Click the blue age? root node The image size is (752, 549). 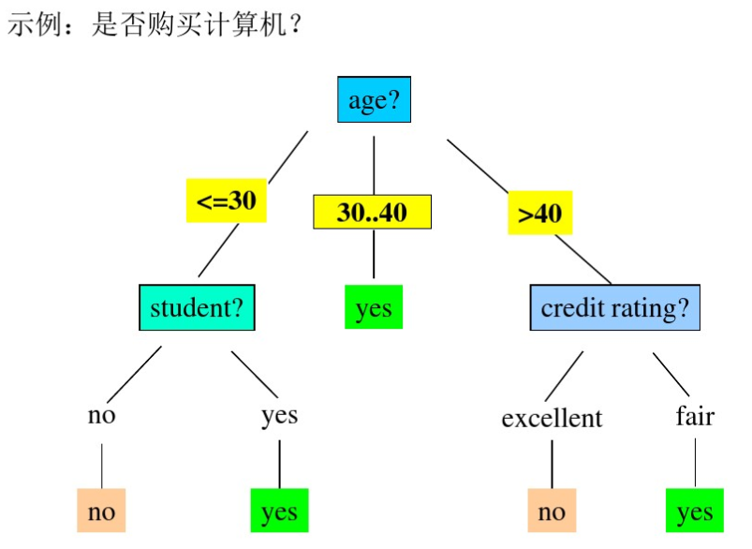coord(374,100)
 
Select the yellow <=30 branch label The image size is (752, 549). coord(226,200)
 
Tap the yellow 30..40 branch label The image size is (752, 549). coord(372,213)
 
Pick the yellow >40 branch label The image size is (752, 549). coord(539,213)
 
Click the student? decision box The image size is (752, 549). coord(197,308)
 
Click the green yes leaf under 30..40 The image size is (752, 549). coord(374,307)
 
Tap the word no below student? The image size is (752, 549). coord(101,414)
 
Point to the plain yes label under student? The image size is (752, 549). coord(279,414)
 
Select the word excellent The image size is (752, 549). coord(552,418)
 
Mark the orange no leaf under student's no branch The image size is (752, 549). coord(101,512)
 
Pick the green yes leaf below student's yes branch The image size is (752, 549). coord(279,512)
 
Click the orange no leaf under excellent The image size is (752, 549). coord(552,512)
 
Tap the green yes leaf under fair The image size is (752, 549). coord(695,512)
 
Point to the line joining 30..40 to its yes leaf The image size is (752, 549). coord(374,255)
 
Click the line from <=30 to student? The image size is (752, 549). coord(215,251)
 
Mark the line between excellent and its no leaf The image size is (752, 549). coord(552,462)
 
